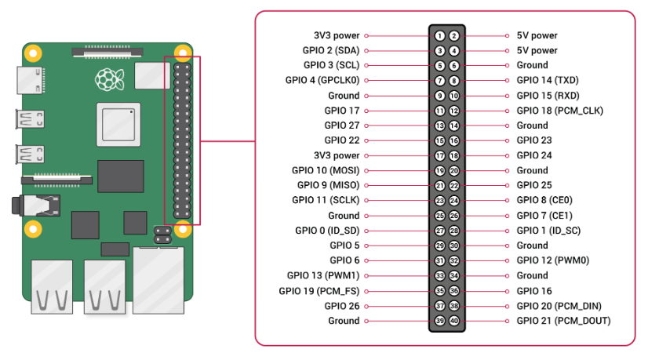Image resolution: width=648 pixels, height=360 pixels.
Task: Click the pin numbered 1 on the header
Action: point(439,36)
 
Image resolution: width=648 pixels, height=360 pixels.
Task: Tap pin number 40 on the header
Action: point(454,321)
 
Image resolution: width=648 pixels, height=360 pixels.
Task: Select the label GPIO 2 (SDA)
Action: point(330,50)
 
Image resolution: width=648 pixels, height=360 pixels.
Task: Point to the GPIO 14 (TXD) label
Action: point(548,80)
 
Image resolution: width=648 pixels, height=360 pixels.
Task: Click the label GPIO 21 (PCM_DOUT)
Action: point(564,321)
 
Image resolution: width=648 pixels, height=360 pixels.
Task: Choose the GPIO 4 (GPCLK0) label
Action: point(322,80)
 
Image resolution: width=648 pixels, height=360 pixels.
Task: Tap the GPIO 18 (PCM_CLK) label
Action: point(560,111)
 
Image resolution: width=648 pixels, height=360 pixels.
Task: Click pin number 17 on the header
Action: point(439,156)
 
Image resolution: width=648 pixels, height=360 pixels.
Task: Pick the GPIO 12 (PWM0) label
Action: point(553,260)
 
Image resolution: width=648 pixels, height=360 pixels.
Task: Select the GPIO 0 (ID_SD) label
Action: point(327,231)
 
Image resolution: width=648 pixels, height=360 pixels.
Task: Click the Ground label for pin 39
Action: point(344,321)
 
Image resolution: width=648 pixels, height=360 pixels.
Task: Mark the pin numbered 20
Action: point(454,171)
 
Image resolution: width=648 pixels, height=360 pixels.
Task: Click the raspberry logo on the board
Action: point(110,79)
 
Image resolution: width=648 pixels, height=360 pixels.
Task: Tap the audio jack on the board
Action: point(36,205)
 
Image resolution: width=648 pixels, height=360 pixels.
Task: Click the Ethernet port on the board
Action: point(158,280)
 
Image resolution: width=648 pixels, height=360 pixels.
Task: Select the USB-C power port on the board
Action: point(31,80)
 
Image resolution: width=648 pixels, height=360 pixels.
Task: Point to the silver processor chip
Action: point(118,125)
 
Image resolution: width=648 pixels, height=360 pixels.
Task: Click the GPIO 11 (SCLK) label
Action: point(326,201)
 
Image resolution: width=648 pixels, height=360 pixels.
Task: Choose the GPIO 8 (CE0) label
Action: point(544,201)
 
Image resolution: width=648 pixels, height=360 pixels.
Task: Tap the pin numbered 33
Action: point(439,275)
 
